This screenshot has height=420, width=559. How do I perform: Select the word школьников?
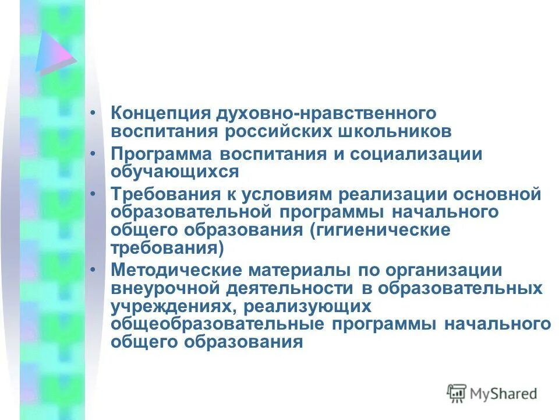[x=403, y=130]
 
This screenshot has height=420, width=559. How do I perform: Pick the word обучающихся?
[x=175, y=171]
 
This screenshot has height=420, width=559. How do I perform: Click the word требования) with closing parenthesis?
[x=168, y=247]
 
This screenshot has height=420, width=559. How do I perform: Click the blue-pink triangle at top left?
[x=54, y=54]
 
